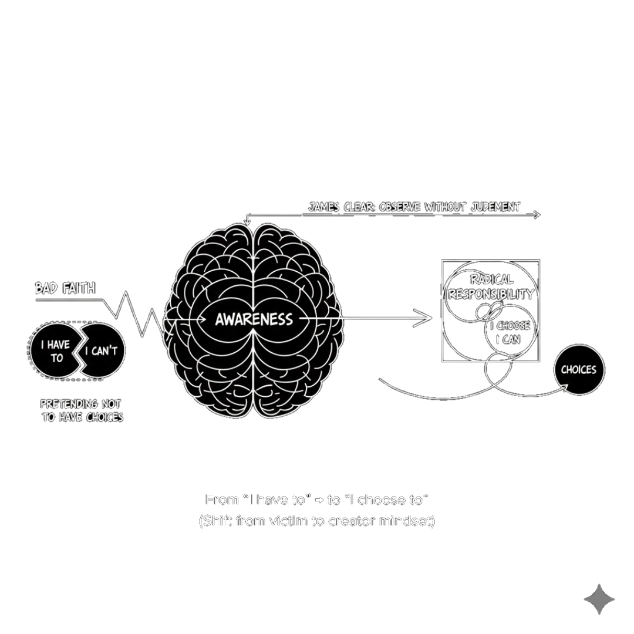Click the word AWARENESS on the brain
click(x=254, y=319)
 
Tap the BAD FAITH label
click(x=65, y=288)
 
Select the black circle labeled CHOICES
click(x=578, y=370)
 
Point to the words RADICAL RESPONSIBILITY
click(x=491, y=287)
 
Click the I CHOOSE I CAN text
click(x=510, y=332)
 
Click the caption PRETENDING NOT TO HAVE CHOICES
click(x=81, y=410)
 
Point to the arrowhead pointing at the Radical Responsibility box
click(x=427, y=319)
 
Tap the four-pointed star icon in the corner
click(x=599, y=599)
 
